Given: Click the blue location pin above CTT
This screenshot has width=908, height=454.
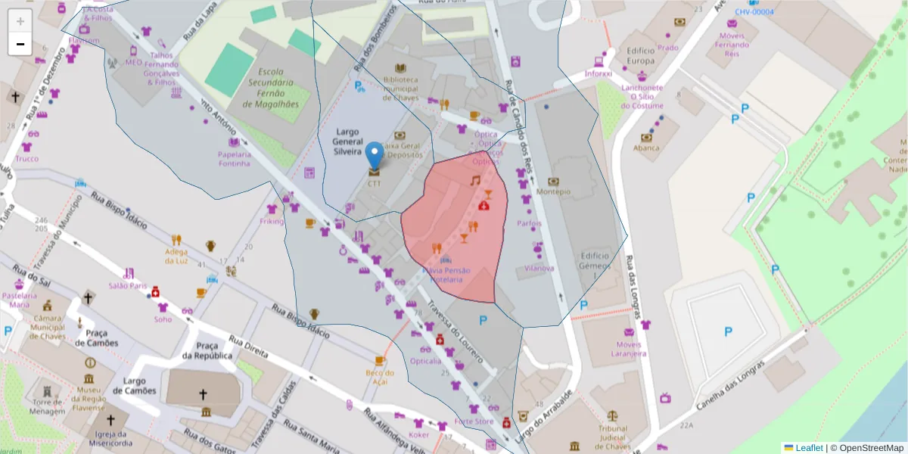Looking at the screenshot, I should pyautogui.click(x=374, y=154).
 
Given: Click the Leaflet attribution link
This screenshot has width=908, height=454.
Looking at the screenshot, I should pyautogui.click(x=808, y=448).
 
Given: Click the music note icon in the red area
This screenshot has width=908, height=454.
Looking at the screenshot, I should pyautogui.click(x=474, y=181).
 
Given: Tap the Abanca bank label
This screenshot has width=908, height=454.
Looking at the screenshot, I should pyautogui.click(x=646, y=148).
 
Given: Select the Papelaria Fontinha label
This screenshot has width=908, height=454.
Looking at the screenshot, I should pyautogui.click(x=234, y=158).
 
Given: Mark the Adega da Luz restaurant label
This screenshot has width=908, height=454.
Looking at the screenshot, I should pyautogui.click(x=176, y=256).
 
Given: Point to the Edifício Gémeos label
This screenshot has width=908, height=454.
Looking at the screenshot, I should pyautogui.click(x=595, y=261).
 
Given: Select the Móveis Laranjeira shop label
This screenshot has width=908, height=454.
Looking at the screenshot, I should pyautogui.click(x=628, y=348).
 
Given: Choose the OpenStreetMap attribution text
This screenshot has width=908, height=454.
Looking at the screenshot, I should pyautogui.click(x=866, y=448).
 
